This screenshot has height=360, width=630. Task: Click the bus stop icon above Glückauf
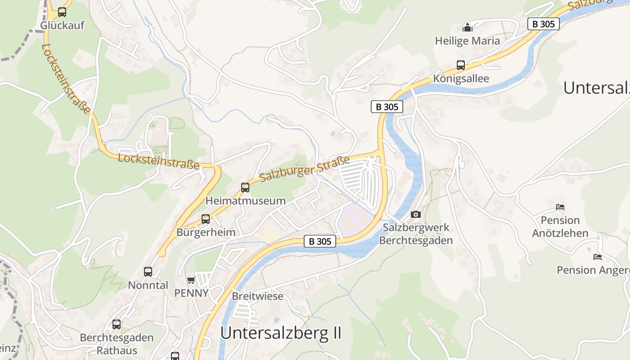[x=62, y=12]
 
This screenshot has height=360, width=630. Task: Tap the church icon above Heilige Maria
[x=468, y=28]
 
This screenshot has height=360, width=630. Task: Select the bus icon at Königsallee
[x=461, y=65]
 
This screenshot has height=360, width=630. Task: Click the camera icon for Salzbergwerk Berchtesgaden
[x=416, y=214]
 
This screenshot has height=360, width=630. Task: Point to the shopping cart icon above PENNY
[x=191, y=280]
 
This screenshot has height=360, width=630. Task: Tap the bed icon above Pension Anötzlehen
[x=560, y=207]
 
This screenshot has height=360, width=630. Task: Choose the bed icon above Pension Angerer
[x=598, y=257]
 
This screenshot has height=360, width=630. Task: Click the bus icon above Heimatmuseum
[x=245, y=188]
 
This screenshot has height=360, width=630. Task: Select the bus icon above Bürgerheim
[x=206, y=219]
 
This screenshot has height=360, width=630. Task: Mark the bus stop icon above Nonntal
[x=148, y=272]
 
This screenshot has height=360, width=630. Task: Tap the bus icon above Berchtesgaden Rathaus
[x=117, y=324]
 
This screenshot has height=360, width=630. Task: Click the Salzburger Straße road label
[x=305, y=169]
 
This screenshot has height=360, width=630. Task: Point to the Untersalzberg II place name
[x=281, y=333]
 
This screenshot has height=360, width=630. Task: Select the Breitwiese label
[x=257, y=296]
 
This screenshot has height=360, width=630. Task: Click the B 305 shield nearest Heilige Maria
[x=543, y=24]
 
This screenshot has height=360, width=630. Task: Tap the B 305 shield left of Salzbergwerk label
[x=320, y=241]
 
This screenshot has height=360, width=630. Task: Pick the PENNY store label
[x=191, y=293]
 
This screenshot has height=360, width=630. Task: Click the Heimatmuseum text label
[x=245, y=201]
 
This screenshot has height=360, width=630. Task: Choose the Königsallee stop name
[x=461, y=78]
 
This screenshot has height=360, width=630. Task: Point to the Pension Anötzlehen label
[x=560, y=226]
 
